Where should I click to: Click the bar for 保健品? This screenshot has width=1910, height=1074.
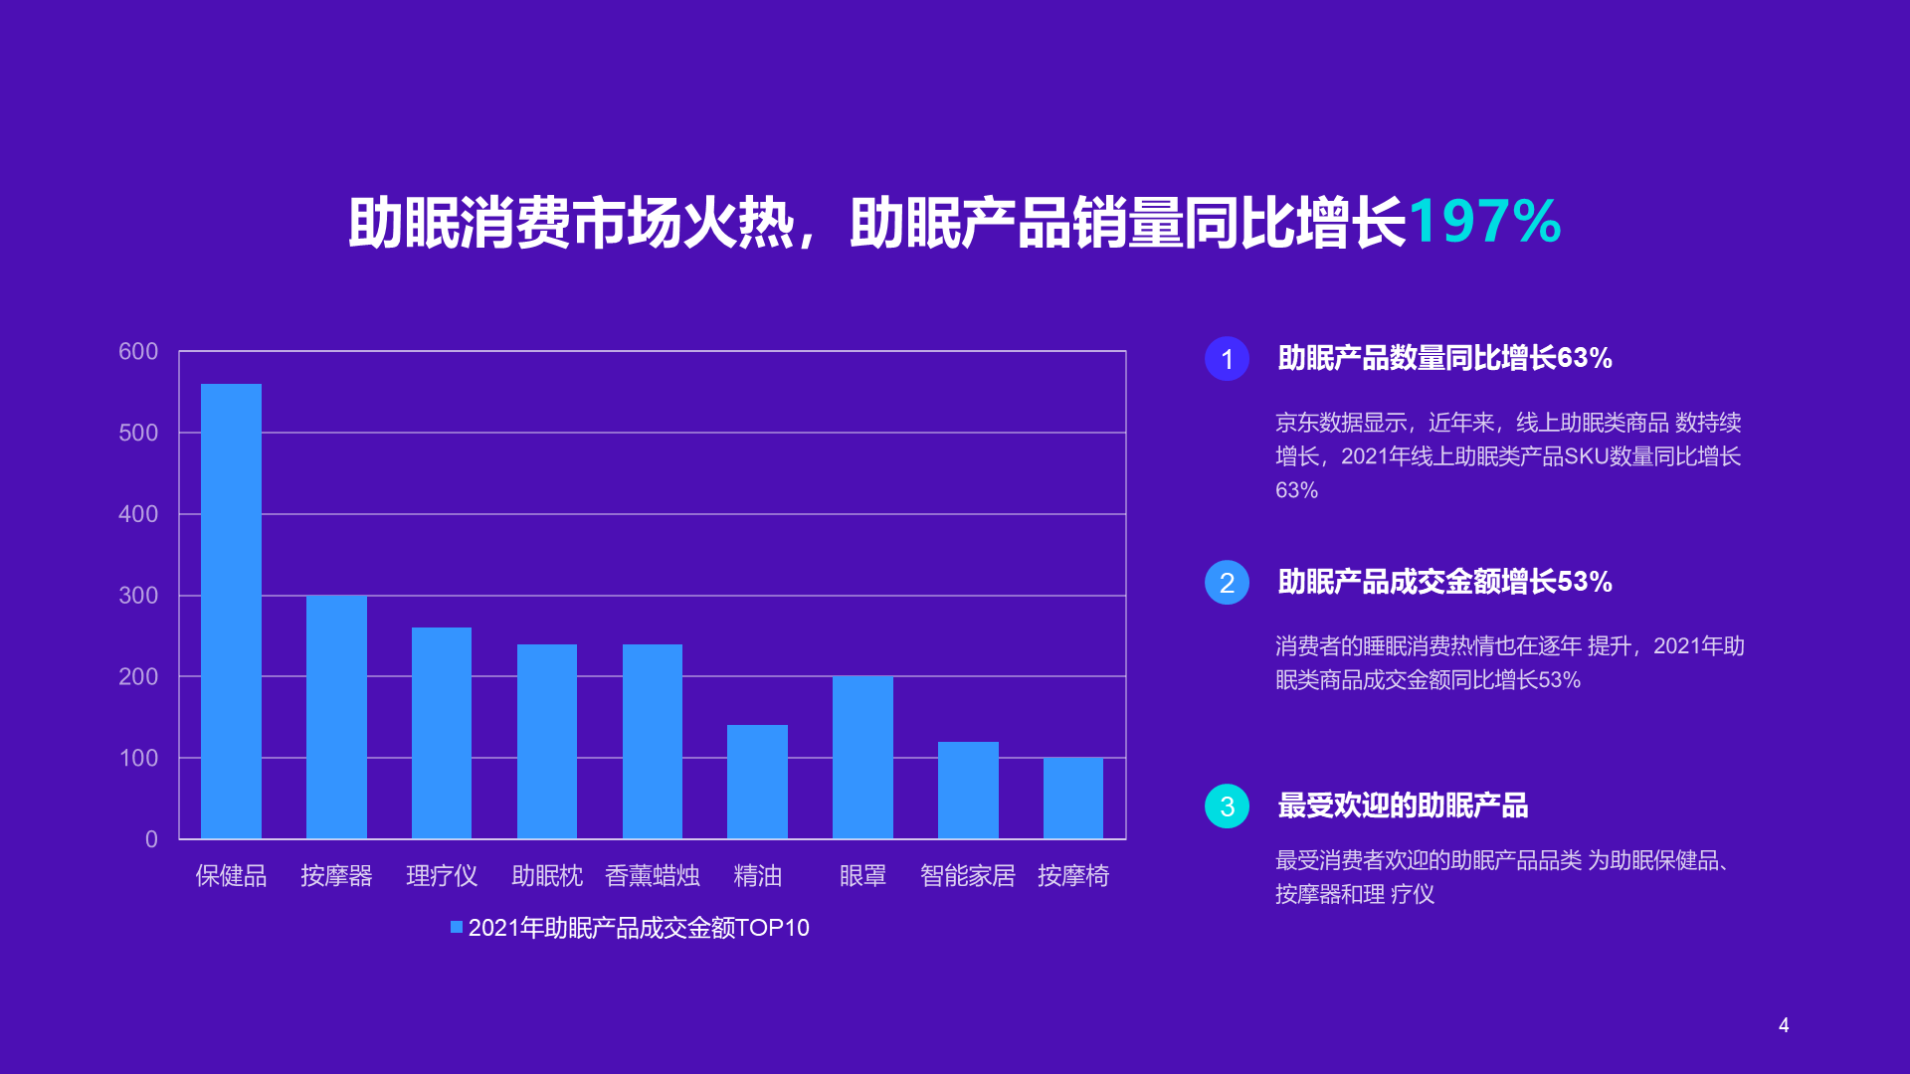pos(231,612)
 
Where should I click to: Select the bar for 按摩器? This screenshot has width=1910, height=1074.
pos(336,717)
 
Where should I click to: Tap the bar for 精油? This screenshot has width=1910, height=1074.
pos(757,782)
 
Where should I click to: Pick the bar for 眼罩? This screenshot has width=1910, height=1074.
pos(862,758)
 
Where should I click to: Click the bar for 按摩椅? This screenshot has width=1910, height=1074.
pos(1073,799)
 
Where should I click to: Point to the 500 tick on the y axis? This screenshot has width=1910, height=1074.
pos(138,433)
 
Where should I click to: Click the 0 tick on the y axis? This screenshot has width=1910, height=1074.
pos(151,839)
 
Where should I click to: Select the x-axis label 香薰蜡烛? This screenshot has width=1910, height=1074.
pos(653,875)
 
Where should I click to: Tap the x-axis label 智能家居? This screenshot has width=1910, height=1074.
pos(968,875)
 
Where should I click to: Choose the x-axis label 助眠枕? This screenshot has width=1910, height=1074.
pos(547,875)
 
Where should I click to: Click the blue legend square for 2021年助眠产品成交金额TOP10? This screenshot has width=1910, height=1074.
pos(457,927)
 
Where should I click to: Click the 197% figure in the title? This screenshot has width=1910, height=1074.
pos(1484,221)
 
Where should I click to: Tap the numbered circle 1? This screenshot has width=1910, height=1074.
pos(1227,359)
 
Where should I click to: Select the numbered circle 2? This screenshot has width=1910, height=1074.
pos(1227,583)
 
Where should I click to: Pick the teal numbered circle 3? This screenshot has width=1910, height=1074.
pos(1227,806)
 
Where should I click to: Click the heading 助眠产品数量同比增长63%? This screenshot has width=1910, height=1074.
pos(1444,358)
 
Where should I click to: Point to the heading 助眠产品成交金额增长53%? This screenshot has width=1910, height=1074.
pos(1444,582)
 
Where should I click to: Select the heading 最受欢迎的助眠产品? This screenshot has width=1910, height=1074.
pos(1403,805)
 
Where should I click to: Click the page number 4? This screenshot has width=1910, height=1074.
pos(1784,1025)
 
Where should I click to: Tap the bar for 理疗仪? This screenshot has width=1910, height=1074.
pos(442,733)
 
